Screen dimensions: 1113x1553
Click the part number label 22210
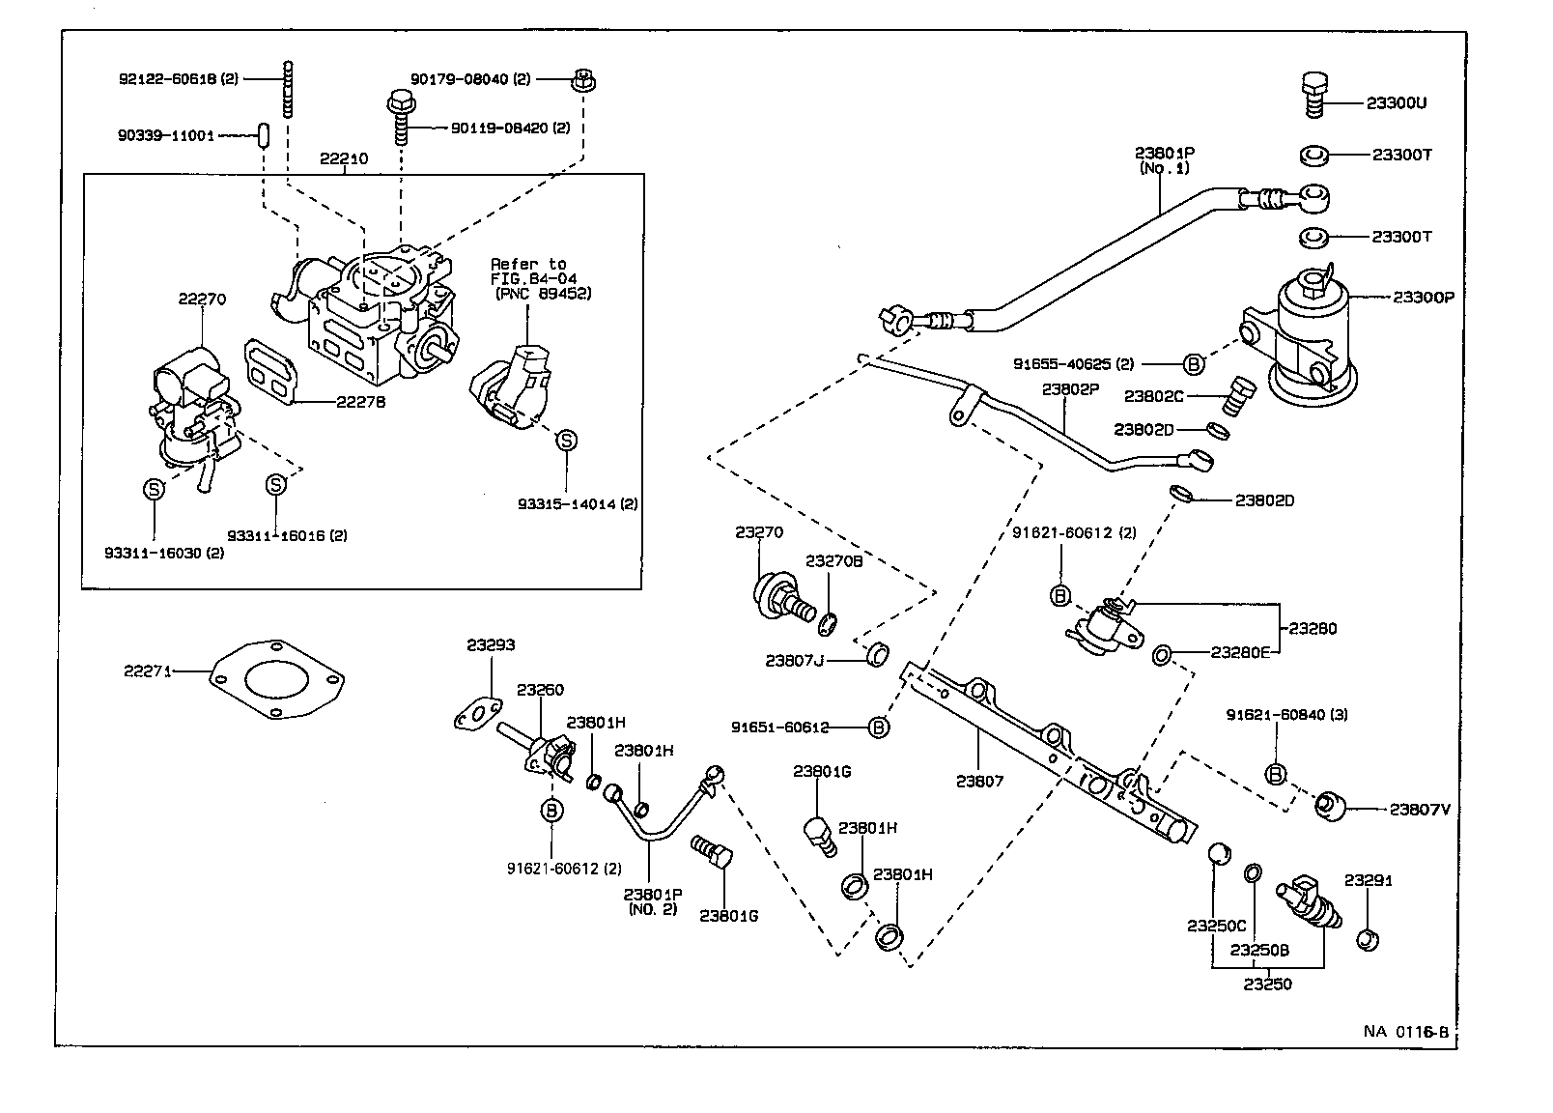(x=344, y=158)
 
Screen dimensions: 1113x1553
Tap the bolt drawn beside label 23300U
(x=1313, y=94)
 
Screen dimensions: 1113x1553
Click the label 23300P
(x=1423, y=298)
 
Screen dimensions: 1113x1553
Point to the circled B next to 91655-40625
(x=1194, y=364)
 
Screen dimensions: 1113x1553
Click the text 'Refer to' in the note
(x=528, y=264)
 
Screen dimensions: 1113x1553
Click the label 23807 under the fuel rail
(x=979, y=781)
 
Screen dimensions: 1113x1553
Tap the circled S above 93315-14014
(x=567, y=441)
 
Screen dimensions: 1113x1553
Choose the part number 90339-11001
(x=166, y=136)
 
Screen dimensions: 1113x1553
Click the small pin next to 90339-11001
(x=262, y=134)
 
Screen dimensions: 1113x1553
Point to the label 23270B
(x=833, y=560)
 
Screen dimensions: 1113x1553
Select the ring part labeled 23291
(x=1366, y=938)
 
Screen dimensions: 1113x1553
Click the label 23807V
(x=1419, y=810)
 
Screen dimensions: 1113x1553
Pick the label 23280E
(x=1241, y=652)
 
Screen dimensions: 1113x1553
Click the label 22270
(x=202, y=299)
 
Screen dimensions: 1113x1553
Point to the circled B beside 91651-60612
(x=878, y=727)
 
